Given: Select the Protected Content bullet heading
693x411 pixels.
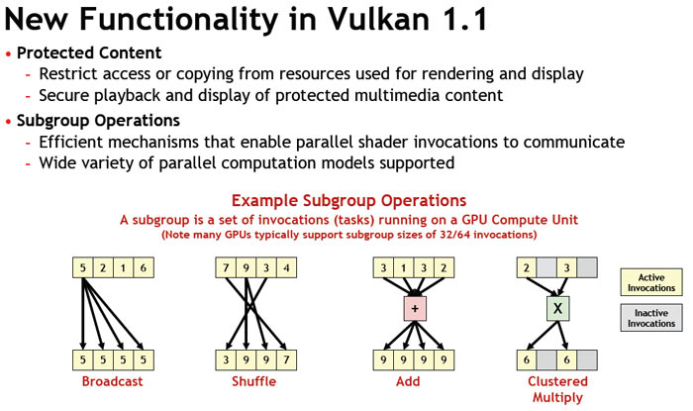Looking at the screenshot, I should click(x=89, y=52).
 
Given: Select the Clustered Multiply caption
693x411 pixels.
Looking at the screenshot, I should click(x=557, y=388).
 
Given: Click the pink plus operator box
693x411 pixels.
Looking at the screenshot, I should click(x=414, y=309).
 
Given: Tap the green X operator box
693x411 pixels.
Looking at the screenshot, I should click(x=557, y=309).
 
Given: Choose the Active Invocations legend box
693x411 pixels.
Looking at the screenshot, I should click(x=651, y=282).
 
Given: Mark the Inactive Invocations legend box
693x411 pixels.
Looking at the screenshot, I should click(x=651, y=317).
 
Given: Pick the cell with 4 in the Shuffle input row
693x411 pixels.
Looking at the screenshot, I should click(x=285, y=267).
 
